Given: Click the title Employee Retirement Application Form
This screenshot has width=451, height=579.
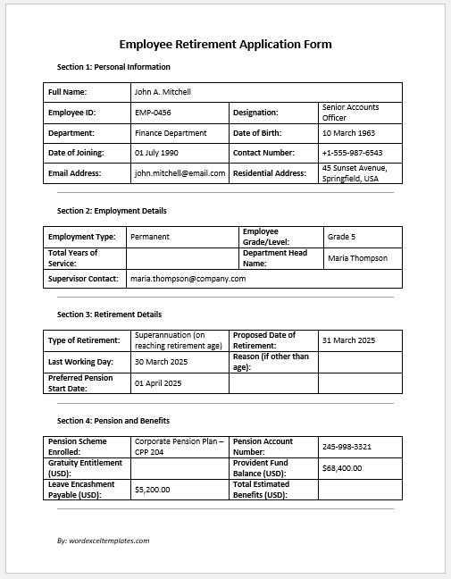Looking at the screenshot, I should [225, 44].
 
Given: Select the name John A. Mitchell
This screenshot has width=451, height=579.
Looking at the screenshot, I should [163, 92].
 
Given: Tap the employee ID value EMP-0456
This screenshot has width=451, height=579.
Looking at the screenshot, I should [154, 113].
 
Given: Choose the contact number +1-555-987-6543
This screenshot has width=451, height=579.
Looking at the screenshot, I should [352, 153].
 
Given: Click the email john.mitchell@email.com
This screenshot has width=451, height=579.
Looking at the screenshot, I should [180, 173].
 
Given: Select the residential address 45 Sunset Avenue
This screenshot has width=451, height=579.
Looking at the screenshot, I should [354, 173].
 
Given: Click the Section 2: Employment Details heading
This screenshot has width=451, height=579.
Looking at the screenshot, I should [112, 211].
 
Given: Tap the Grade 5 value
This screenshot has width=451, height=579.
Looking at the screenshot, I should [341, 237].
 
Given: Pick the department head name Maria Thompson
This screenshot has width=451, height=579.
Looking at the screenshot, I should [357, 258].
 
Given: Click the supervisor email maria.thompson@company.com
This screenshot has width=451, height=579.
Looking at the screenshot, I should [188, 279].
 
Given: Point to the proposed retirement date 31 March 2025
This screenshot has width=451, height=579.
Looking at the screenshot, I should [348, 340].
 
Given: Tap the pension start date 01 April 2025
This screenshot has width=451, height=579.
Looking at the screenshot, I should [157, 383].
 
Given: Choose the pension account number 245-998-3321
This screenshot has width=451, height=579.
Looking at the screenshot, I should [347, 446].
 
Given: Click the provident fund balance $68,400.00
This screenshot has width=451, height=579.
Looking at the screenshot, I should [342, 467].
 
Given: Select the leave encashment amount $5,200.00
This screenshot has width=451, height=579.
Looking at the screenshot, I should [152, 489].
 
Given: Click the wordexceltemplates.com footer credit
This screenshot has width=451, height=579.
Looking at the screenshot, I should [103, 541].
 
